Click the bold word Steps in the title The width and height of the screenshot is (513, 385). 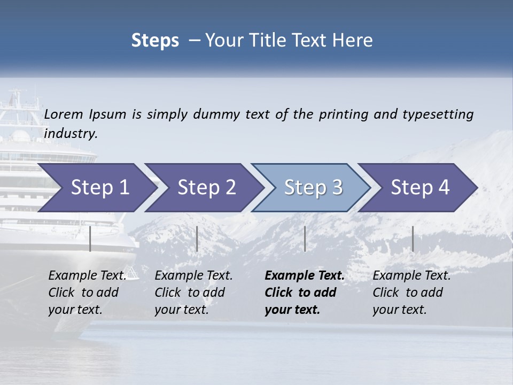point(155,41)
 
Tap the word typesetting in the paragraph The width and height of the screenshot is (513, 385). point(438,114)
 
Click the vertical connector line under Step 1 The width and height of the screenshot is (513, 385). point(90,238)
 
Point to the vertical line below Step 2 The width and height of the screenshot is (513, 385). point(197,238)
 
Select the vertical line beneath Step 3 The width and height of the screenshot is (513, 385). point(305,238)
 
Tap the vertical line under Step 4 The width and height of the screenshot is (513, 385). point(413,238)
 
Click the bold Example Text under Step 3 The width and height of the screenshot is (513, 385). point(305,276)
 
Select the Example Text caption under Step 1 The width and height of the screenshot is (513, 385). point(87,276)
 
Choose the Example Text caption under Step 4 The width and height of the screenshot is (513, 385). point(411,276)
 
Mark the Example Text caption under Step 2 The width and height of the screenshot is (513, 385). point(193,276)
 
